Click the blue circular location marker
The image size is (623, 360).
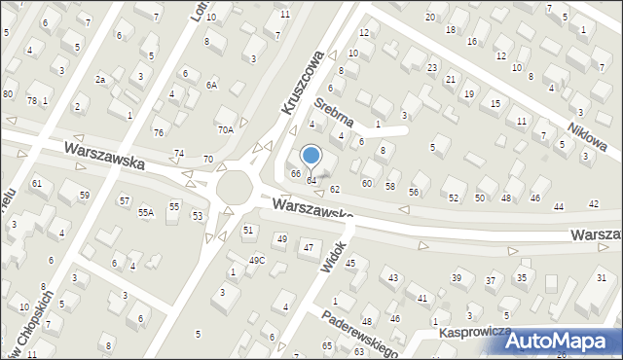[311, 155]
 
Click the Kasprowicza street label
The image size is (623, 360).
[476, 332]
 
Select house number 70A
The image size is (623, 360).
[226, 129]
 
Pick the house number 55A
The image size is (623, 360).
[146, 212]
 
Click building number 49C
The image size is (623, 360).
[257, 260]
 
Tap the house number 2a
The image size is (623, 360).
[99, 79]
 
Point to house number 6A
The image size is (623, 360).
[210, 85]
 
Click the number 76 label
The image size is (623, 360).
[158, 132]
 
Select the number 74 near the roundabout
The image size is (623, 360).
[179, 154]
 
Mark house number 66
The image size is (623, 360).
[296, 173]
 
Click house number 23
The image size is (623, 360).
[431, 67]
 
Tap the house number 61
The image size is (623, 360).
[37, 183]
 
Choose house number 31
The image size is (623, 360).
[601, 279]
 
